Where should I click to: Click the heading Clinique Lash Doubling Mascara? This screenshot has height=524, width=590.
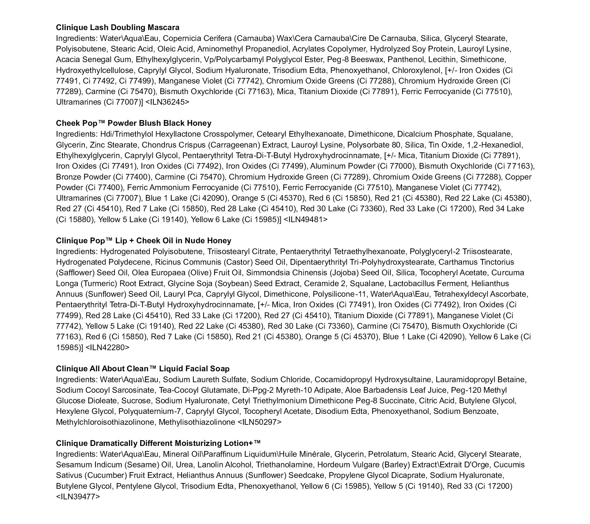117,28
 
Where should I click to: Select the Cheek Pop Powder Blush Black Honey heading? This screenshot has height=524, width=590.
133,123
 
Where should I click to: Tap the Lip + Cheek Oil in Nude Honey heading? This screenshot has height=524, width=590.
143,241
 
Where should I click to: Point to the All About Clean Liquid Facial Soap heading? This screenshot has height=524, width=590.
142,369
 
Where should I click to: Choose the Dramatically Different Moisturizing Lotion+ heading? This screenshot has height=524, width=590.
158,443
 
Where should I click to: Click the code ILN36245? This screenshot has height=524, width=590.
167,102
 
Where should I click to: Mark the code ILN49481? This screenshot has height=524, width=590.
305,220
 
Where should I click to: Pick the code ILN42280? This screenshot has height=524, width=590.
108,348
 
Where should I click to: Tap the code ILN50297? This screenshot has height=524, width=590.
260,422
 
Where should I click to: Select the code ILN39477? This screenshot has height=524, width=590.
78,497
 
